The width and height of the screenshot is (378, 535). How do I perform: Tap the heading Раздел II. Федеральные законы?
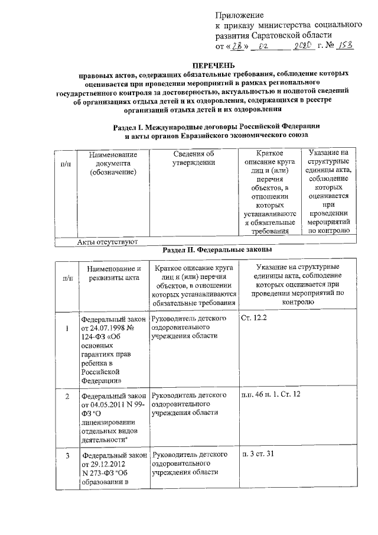tap(217, 250)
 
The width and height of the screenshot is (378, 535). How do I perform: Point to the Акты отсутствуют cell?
tap(107, 242)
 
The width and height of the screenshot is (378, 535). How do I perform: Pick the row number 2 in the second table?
tap(67, 395)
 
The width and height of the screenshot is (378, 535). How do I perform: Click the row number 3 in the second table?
tap(67, 455)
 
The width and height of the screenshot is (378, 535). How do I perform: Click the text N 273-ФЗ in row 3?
tap(99, 472)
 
